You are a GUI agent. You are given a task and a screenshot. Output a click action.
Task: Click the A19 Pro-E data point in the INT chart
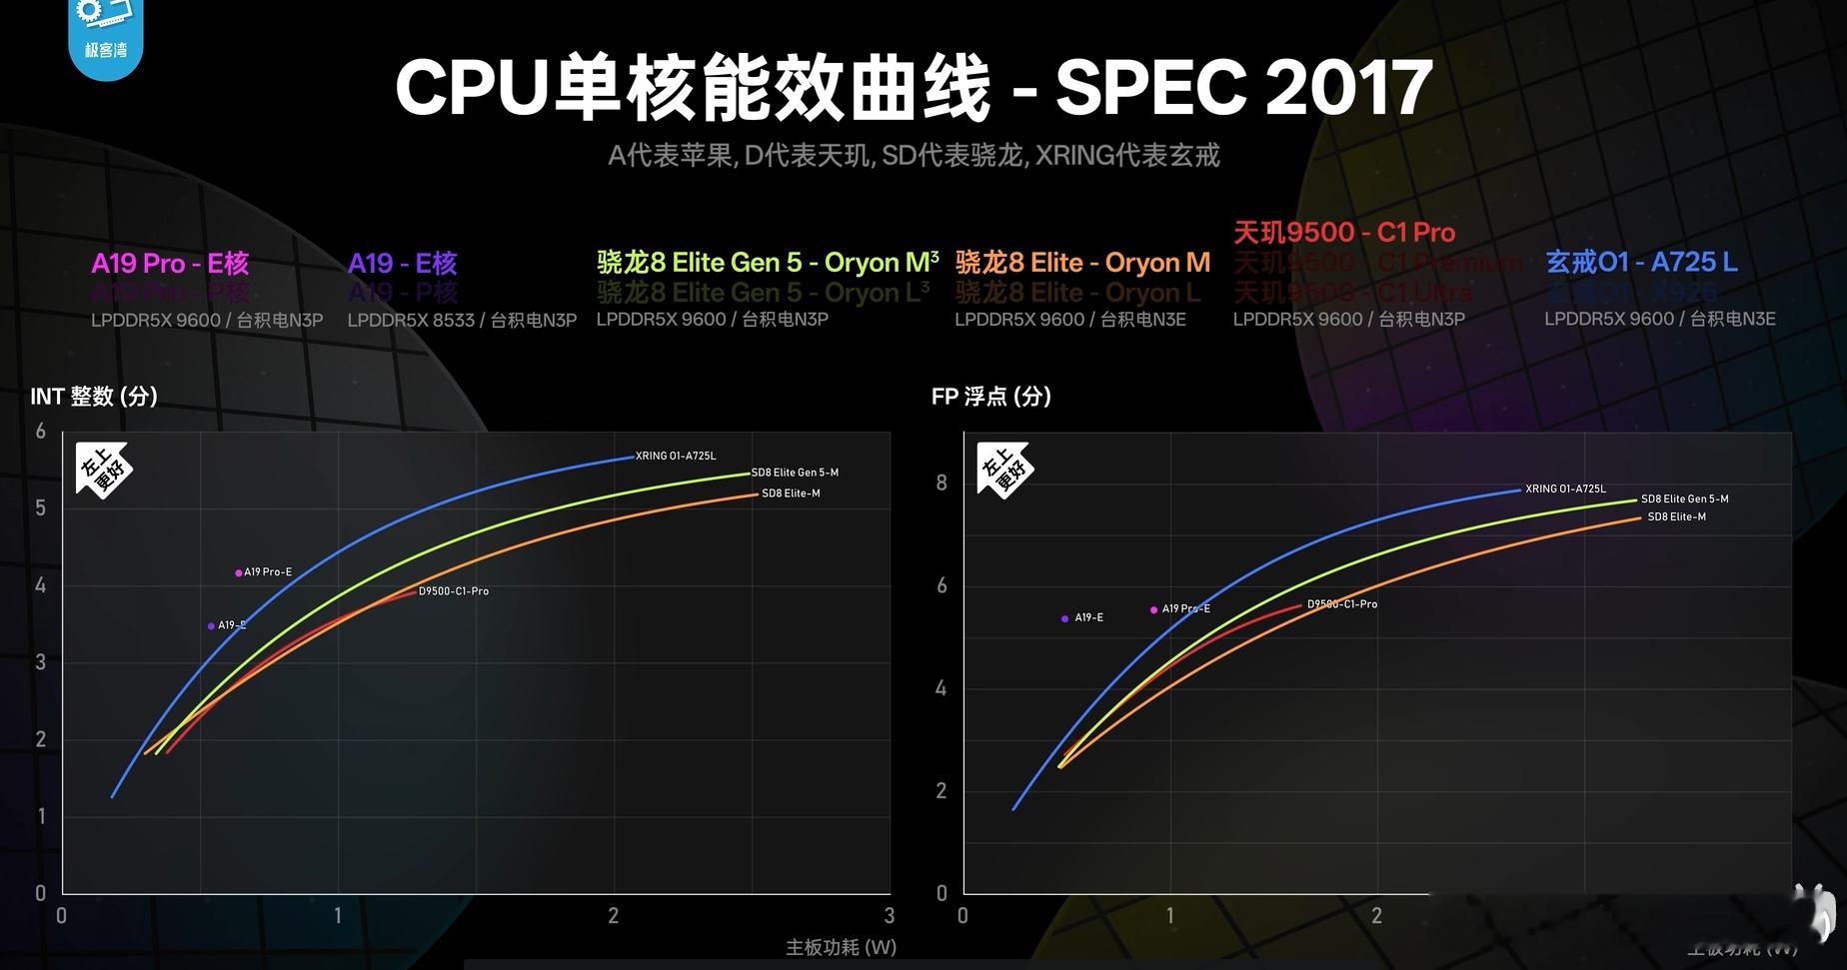[239, 572]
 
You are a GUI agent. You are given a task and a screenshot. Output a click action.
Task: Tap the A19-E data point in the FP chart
[1064, 619]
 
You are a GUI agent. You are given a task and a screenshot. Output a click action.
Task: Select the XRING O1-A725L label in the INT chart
[676, 456]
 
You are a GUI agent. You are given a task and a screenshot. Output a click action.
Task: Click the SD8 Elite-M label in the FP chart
[1676, 516]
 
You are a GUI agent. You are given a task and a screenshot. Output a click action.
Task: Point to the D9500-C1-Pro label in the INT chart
[454, 591]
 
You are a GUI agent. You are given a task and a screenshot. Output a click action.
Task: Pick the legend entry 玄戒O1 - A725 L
[1641, 263]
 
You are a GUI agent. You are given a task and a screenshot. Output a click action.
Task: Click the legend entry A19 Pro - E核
[170, 264]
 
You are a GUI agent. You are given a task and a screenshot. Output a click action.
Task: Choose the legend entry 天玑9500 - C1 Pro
[1343, 233]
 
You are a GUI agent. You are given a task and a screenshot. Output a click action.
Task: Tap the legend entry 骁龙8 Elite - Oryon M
[1082, 263]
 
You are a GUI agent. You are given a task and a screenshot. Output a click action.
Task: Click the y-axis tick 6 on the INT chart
[41, 432]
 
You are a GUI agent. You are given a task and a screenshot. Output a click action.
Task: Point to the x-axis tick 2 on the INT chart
[614, 915]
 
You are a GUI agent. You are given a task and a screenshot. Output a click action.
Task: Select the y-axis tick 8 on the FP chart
[941, 484]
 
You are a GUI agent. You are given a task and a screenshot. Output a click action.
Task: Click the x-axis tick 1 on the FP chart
[1169, 915]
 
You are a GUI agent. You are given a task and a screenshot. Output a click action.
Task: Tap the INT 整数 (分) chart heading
[94, 397]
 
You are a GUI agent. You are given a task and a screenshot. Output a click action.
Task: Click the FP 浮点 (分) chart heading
[990, 397]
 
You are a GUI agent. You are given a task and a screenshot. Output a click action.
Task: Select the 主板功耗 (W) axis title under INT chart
[841, 947]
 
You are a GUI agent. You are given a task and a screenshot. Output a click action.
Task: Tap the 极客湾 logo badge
[106, 35]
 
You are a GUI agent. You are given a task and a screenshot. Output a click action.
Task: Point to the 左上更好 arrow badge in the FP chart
[1003, 470]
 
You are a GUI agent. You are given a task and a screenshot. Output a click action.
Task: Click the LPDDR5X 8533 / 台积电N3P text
[462, 320]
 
